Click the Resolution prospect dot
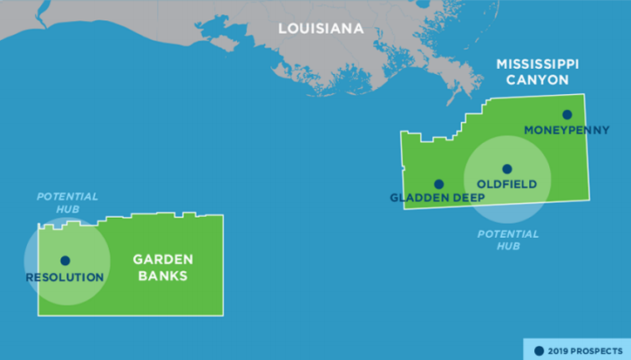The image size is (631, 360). pyautogui.click(x=64, y=261)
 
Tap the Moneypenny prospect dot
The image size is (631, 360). pyautogui.click(x=567, y=114)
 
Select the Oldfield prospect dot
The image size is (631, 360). pyautogui.click(x=506, y=169)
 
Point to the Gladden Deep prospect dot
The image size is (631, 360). pyautogui.click(x=438, y=184)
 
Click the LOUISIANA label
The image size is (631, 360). pyautogui.click(x=321, y=29)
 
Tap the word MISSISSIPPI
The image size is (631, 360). pyautogui.click(x=538, y=65)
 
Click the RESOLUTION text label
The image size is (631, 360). pyautogui.click(x=64, y=277)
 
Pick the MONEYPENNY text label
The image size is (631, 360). pyautogui.click(x=567, y=130)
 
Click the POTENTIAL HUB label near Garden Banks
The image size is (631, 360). pyautogui.click(x=67, y=203)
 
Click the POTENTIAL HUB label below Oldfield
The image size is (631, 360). pyautogui.click(x=508, y=240)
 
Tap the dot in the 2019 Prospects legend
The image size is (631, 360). pyautogui.click(x=539, y=350)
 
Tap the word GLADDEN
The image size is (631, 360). pyautogui.click(x=417, y=198)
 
